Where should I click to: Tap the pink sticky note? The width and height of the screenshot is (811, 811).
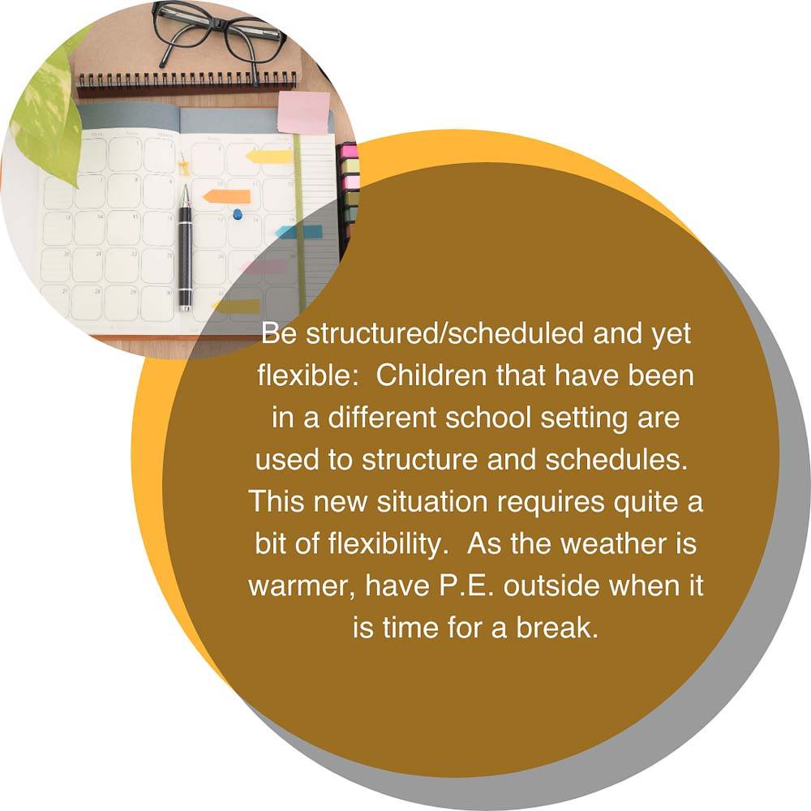click(303, 112)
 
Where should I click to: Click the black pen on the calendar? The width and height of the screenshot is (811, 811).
click(185, 248)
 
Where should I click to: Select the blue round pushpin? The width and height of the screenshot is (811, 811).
click(238, 213)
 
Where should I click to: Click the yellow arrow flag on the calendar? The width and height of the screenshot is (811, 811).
click(269, 156)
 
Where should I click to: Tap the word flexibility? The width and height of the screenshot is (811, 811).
click(388, 543)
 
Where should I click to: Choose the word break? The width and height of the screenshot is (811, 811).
click(556, 628)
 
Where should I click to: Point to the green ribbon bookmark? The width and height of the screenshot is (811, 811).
click(299, 222)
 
